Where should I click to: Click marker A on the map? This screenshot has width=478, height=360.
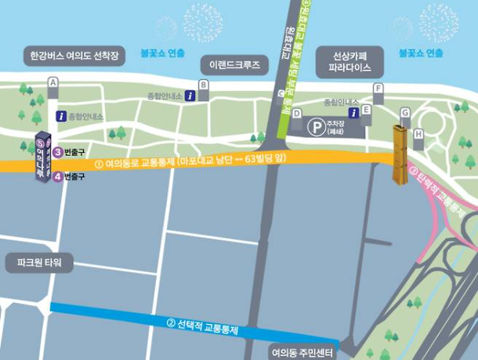pyautogui.click(x=53, y=82)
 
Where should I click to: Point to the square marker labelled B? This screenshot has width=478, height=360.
pyautogui.click(x=204, y=85)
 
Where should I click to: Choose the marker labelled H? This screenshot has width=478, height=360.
pyautogui.click(x=418, y=134)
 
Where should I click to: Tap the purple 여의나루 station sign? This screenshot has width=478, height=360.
pyautogui.click(x=42, y=157)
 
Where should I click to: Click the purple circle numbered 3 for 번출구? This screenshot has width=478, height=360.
pyautogui.click(x=58, y=151)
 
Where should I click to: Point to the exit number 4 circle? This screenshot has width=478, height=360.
pyautogui.click(x=58, y=176)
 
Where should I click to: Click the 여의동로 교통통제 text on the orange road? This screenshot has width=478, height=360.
pyautogui.click(x=188, y=162)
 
